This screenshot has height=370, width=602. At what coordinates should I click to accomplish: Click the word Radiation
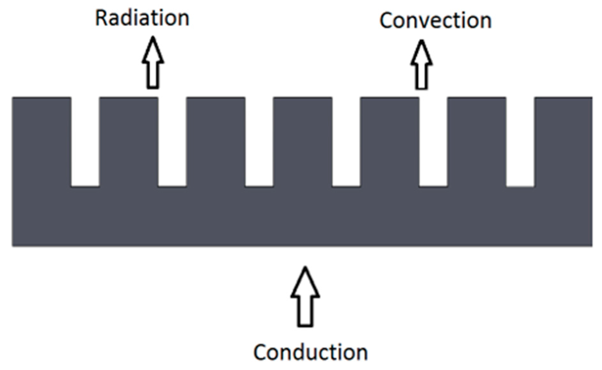coord(142,18)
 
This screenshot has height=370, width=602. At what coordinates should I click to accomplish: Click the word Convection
coord(435,21)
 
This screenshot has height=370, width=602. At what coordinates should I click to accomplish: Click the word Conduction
coord(310,352)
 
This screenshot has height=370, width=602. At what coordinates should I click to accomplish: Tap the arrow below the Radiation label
coord(153,63)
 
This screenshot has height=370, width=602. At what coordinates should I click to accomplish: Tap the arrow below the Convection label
coord(421,65)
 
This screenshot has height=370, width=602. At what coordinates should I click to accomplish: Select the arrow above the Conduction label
coord(305,297)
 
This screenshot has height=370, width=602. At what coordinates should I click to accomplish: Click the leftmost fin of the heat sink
coord(42,141)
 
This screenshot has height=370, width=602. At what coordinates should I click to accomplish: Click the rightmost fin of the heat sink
coord(563,141)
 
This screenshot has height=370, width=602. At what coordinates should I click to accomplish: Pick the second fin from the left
coord(129,141)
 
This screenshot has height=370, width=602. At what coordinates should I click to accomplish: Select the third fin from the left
coord(216,141)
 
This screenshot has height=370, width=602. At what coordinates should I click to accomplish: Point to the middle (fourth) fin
coord(302,141)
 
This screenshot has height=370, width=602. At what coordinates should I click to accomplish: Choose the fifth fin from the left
coord(389,141)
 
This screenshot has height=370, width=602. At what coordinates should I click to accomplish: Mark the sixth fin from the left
coord(477,141)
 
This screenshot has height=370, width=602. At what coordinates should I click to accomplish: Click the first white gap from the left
coord(85,141)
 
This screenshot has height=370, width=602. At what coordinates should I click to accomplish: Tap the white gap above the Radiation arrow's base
coord(172,141)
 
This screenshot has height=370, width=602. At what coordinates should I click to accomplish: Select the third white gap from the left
coord(259,141)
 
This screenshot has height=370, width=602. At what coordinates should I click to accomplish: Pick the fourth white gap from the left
coord(346,141)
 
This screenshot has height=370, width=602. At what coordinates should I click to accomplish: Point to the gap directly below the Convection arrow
coord(433,141)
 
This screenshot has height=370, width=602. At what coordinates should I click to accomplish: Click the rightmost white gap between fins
coord(520,141)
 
